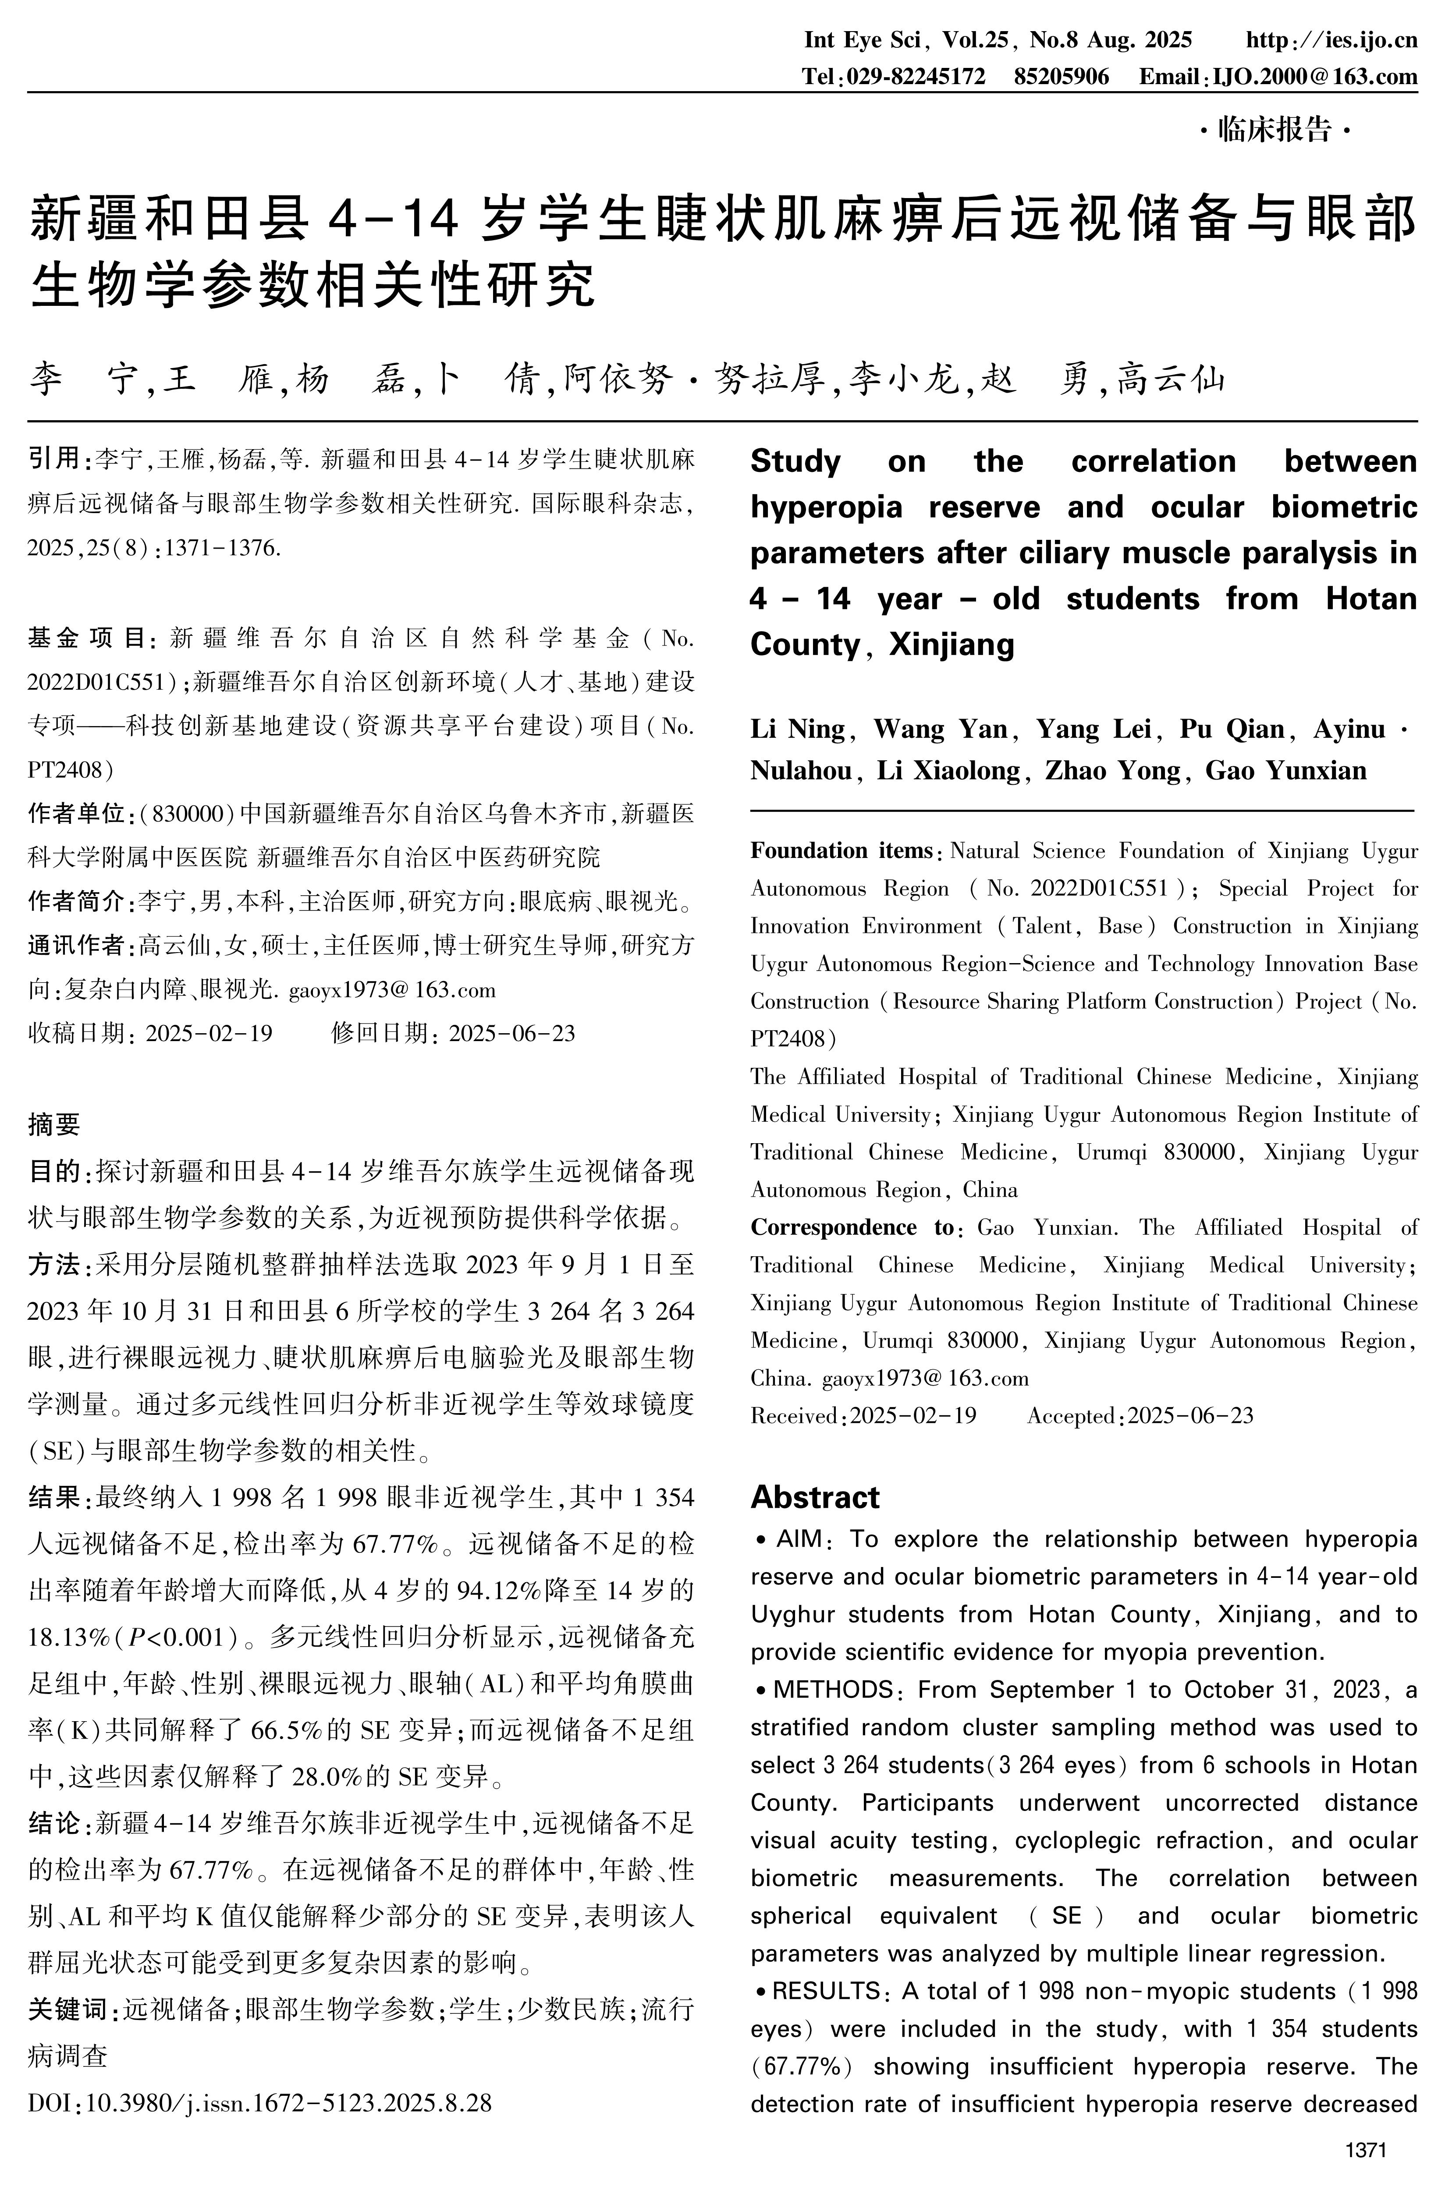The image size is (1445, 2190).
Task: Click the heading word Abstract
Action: pyautogui.click(x=815, y=1497)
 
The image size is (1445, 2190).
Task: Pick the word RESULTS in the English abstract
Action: pyautogui.click(x=826, y=1991)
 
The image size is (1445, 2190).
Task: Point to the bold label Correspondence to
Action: pyautogui.click(x=852, y=1227)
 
